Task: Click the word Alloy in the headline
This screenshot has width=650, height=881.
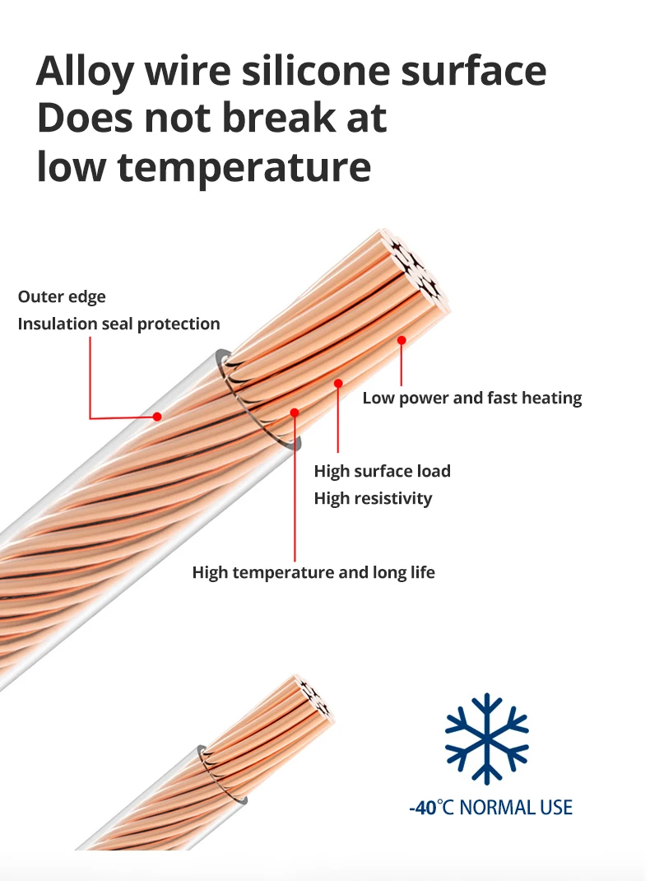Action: coord(84,72)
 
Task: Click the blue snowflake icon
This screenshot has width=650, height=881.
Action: coord(486,738)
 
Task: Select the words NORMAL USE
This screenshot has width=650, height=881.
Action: coord(516,807)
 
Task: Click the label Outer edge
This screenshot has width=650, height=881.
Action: coord(62,296)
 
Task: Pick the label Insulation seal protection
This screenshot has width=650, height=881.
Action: coord(118,324)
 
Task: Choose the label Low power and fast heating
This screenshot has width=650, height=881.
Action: coord(471,398)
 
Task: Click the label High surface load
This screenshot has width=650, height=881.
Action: coord(382,471)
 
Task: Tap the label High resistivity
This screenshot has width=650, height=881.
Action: coord(373,498)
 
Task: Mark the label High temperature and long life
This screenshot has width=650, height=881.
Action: coord(313,572)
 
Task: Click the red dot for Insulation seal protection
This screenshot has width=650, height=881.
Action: coord(156,417)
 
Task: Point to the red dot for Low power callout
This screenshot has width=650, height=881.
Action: coord(402,339)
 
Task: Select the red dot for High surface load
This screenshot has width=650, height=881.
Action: coord(338,382)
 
